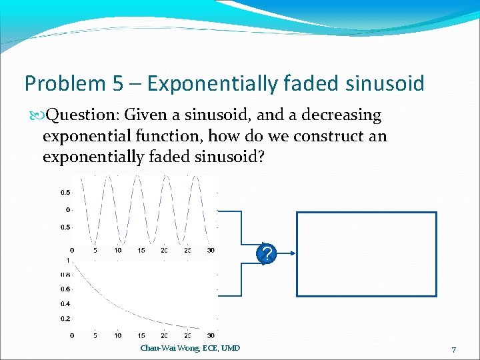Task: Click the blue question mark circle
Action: pyautogui.click(x=266, y=253)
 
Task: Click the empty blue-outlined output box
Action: pyautogui.click(x=366, y=254)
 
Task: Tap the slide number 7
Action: pyautogui.click(x=453, y=350)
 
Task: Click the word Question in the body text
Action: pyautogui.click(x=73, y=115)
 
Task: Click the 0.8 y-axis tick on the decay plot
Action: pyautogui.click(x=66, y=274)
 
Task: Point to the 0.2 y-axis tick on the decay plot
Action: pyautogui.click(x=66, y=318)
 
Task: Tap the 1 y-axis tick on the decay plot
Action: pyautogui.click(x=69, y=259)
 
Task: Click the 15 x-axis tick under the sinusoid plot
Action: pyautogui.click(x=141, y=251)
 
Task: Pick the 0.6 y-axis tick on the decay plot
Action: pyautogui.click(x=66, y=289)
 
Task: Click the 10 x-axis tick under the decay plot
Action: pyautogui.click(x=117, y=336)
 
